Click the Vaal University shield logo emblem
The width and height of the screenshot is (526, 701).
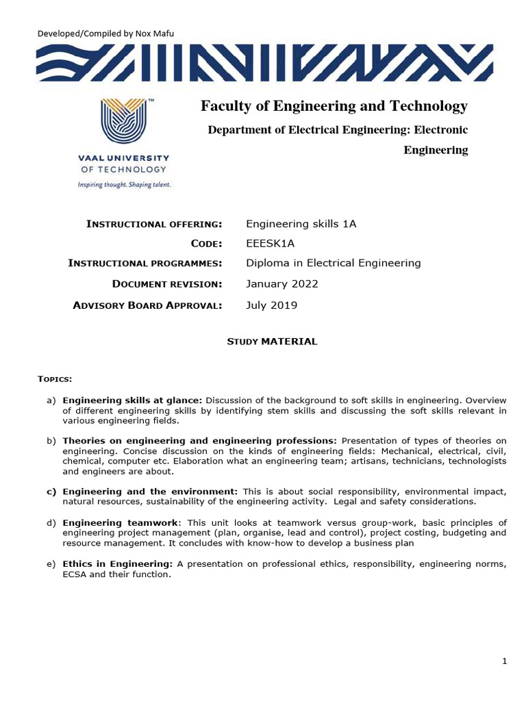point(124,124)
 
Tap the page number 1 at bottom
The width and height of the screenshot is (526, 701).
point(504,661)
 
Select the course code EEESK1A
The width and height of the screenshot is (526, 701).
point(271,244)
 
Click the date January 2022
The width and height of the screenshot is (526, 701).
point(281,283)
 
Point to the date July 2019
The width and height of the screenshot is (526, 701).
point(271,305)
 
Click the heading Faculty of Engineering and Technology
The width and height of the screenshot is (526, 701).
point(334,106)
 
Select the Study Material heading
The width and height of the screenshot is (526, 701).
point(272,341)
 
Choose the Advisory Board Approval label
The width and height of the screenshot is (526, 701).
point(147,305)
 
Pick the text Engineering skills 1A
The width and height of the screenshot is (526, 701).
point(301,224)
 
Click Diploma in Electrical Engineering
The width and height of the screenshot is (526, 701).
point(333,263)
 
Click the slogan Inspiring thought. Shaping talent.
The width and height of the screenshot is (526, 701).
point(124,185)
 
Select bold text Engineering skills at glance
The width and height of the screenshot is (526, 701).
point(132,400)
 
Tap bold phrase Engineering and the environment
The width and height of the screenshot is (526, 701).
point(150,492)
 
